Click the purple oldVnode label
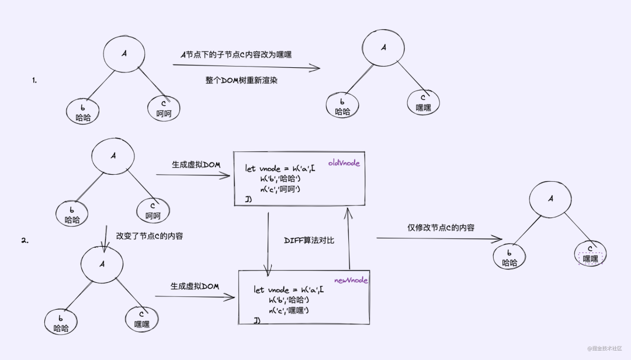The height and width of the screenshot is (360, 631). [x=344, y=164]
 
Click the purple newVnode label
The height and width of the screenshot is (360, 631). [x=351, y=281]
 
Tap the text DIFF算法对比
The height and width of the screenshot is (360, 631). [x=309, y=240]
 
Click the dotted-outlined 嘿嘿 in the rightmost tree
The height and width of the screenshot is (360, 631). [x=591, y=258]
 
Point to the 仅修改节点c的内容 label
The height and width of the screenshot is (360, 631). [x=441, y=228]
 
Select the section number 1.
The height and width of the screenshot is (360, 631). [x=34, y=81]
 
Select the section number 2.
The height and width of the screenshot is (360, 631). [x=25, y=240]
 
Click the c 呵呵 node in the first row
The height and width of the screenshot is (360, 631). [x=164, y=108]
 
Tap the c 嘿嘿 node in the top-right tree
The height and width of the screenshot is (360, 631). [x=423, y=102]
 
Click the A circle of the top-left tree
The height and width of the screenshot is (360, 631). [x=124, y=54]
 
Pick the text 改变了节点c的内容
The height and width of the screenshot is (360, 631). [x=150, y=237]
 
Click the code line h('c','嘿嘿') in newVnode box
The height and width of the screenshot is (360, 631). [x=289, y=310]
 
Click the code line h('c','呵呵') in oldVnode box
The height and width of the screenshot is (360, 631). [x=284, y=189]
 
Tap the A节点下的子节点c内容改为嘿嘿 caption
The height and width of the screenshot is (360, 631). [x=236, y=54]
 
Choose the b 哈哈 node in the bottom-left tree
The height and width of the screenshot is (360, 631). [x=61, y=323]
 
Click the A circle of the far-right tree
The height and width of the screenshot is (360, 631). [x=550, y=199]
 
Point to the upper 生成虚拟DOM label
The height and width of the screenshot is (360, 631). [x=196, y=165]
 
